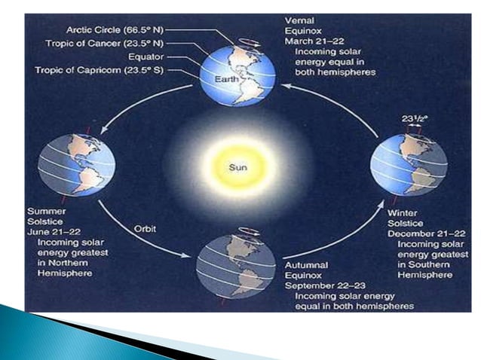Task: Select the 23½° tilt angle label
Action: click(x=413, y=119)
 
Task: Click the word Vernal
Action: click(x=300, y=19)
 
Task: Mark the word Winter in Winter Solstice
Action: click(x=403, y=213)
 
